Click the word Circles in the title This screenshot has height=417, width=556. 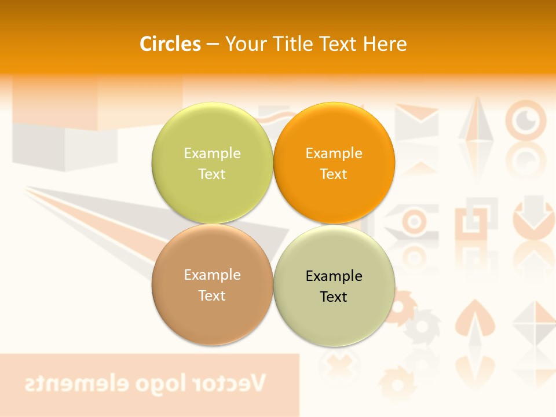coord(170,44)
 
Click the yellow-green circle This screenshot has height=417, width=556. coord(212,163)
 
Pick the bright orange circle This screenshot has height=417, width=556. coord(334,163)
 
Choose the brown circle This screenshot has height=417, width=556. coord(212,284)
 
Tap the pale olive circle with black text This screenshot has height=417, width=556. coord(334,286)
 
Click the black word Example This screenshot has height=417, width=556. coord(334,276)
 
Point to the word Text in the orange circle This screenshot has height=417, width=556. coord(334,174)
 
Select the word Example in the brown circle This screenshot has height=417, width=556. coord(212,275)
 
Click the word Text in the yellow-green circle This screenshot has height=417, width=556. coord(212,174)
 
